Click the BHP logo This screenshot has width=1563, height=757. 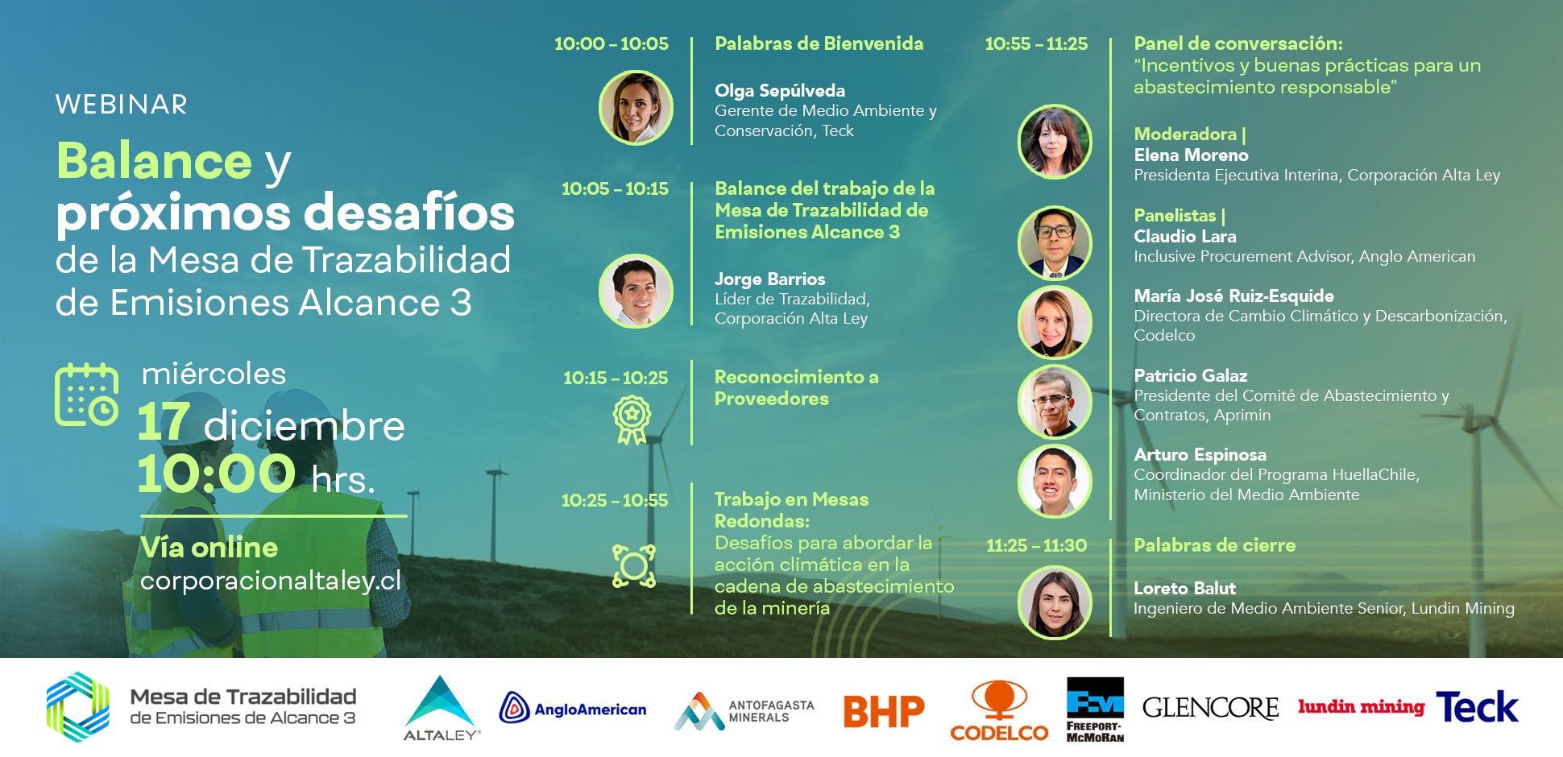884,710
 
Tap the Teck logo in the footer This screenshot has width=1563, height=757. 1477,707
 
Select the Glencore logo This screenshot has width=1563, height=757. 1210,708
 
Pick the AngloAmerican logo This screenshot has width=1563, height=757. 573,709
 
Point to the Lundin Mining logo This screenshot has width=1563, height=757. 1361,707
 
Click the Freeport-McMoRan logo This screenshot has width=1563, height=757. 1095,709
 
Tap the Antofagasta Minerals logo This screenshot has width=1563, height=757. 744,711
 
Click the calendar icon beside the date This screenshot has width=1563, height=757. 86,395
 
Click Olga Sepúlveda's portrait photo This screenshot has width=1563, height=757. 636,108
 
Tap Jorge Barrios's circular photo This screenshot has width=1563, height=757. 636,291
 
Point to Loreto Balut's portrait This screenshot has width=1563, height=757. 1055,602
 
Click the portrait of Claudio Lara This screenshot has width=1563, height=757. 1055,242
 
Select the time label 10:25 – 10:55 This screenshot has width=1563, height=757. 615,500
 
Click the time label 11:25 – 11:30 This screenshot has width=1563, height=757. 1036,545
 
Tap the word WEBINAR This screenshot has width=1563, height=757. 122,105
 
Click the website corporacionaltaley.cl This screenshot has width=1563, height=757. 271,581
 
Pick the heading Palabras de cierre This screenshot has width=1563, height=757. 1214,545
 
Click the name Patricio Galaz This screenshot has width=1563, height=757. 1190,375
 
